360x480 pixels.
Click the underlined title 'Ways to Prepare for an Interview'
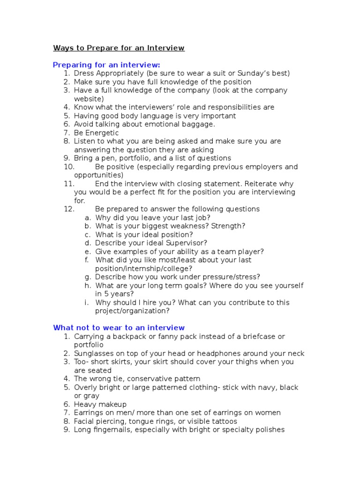click(x=119, y=48)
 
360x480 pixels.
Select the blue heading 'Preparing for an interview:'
click(x=106, y=65)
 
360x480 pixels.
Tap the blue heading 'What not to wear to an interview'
click(x=119, y=328)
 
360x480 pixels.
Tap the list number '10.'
click(x=69, y=167)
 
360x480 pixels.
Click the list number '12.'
click(x=69, y=209)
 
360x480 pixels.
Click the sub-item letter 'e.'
click(x=88, y=251)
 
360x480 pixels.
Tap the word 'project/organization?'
click(x=132, y=311)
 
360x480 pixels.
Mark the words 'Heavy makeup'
click(x=100, y=404)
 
